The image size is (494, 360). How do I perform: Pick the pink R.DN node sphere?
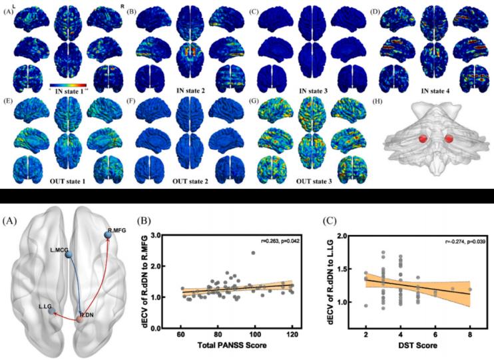80,319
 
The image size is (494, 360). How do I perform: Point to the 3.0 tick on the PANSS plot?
156,236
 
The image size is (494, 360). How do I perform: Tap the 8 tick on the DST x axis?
470,336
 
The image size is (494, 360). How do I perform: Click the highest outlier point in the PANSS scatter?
254,253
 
